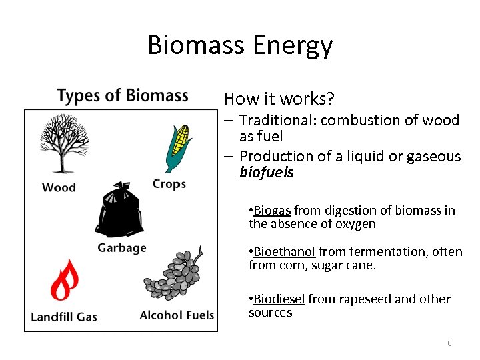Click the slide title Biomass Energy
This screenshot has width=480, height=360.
pos(240,46)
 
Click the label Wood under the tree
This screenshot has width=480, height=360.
pos(59,187)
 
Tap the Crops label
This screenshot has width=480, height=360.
pos(169,183)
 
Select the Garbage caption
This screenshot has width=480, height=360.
pos(122,248)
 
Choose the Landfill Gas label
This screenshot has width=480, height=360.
pos(64,316)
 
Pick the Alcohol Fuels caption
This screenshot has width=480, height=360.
pos(177,315)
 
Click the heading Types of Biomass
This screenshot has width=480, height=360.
pos(123,96)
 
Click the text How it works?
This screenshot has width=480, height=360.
pos(279,99)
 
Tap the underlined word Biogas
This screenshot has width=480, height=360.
pos(272,211)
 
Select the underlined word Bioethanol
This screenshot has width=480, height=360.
pos(284,252)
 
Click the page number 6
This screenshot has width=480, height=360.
pos(449,343)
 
